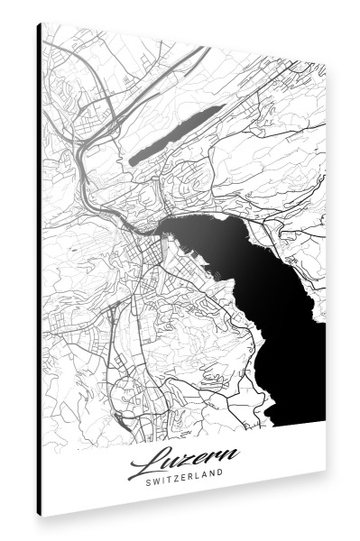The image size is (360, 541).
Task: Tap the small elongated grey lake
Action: [x=176, y=133]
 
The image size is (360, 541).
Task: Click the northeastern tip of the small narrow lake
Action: [x=222, y=107]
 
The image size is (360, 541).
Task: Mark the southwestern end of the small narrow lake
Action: [x=131, y=162]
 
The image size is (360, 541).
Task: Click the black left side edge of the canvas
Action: [x=40, y=270]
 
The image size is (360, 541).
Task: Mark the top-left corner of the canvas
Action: [x=42, y=23]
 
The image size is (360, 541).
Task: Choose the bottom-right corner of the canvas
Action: [x=326, y=469]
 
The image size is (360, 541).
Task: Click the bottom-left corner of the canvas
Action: [x=42, y=516]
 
